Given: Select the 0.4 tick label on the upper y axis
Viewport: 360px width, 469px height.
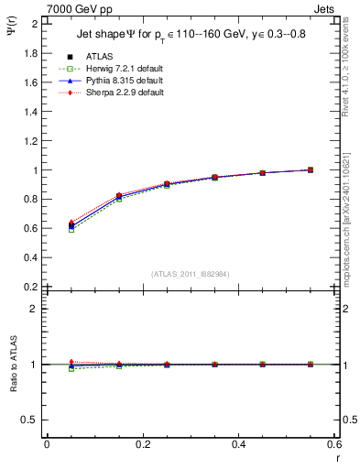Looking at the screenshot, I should [30, 257].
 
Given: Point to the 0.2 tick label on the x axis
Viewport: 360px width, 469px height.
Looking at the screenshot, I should [143, 444].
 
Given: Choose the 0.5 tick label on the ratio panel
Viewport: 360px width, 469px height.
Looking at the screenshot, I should [30, 420].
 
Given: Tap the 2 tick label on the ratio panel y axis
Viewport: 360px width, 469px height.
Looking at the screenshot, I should [35, 309].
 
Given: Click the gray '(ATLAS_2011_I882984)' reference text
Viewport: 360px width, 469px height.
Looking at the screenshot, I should [191, 274].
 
